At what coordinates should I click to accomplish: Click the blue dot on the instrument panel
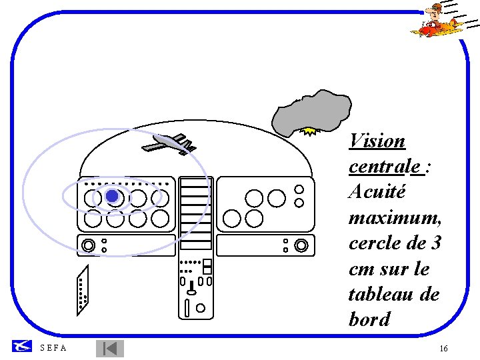[112, 196]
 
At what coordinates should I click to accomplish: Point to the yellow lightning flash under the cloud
[309, 131]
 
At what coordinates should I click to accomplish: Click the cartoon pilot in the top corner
[437, 20]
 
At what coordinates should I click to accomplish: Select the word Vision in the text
[377, 141]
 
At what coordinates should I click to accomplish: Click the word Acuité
[377, 192]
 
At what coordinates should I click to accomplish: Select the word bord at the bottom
[369, 319]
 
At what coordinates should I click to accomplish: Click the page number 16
[443, 349]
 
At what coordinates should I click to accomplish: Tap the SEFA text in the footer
[53, 348]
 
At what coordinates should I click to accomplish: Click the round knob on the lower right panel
[301, 245]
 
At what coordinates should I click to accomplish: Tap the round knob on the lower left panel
[87, 245]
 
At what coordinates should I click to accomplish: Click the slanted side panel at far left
[82, 290]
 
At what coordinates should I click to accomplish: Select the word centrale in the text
[386, 167]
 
